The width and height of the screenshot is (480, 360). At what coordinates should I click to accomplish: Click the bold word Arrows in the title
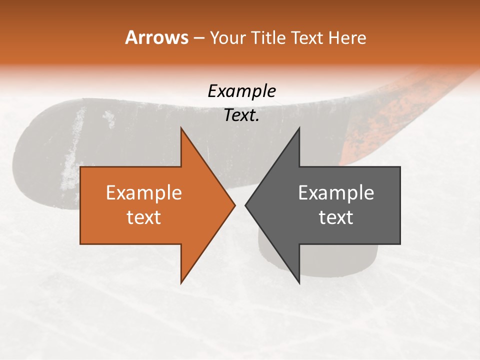pos(156,37)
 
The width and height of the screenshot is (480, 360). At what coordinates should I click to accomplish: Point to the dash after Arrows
pos(198,38)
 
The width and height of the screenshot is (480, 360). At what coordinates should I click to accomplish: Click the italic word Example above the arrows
pos(241,91)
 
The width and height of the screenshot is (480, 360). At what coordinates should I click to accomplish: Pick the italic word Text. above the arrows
pos(241,115)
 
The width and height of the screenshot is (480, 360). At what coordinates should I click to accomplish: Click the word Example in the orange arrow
pos(143,193)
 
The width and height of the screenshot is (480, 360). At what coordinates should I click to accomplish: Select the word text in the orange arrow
pos(143,217)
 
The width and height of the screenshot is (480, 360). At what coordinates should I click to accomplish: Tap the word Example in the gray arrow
pos(336,193)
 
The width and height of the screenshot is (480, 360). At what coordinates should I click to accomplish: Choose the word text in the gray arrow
pos(336,217)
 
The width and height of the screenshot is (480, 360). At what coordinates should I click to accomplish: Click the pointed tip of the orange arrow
pos(234,205)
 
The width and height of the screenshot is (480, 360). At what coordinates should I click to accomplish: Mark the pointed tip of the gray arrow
pos(246,205)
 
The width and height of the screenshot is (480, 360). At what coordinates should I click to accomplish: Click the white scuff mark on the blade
pos(72,150)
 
